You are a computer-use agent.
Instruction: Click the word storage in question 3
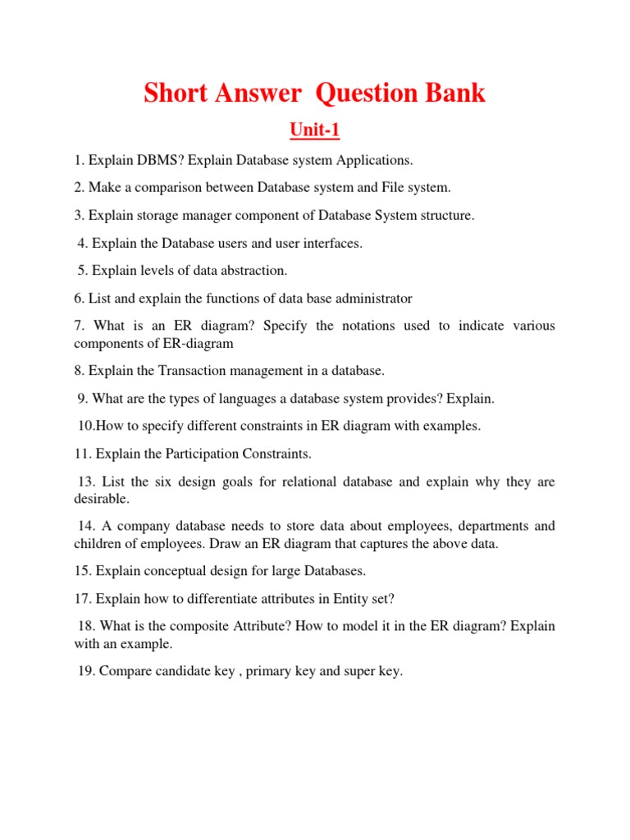pyautogui.click(x=159, y=215)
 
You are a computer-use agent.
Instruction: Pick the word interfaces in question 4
pyautogui.click(x=330, y=243)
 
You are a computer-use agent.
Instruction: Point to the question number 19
pyautogui.click(x=85, y=671)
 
